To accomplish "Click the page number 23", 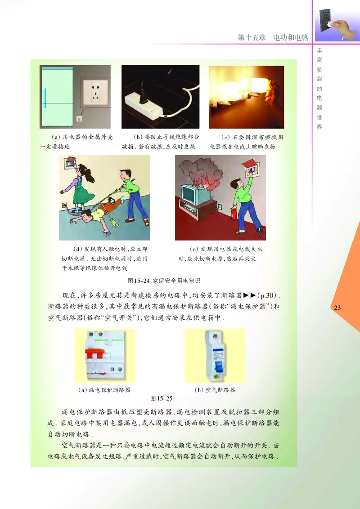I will [338, 308].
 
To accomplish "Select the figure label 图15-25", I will [161, 398].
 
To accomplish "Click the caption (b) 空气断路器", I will [215, 390].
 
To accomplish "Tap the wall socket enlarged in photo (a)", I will [95, 93].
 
